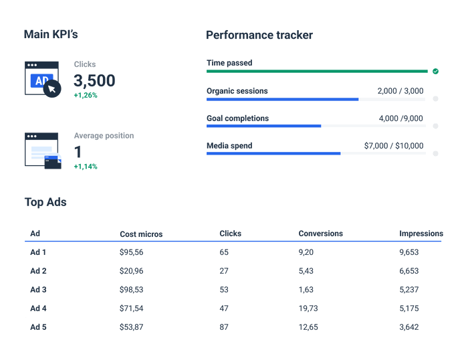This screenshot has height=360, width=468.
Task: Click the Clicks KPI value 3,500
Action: tap(94, 81)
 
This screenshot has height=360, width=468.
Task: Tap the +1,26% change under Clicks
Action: tap(86, 96)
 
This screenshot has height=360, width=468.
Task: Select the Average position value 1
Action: tap(78, 152)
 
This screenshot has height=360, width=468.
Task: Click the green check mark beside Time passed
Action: tap(435, 71)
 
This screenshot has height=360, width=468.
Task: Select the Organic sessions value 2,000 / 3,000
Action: tap(400, 91)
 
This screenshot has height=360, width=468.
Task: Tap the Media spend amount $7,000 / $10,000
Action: tap(393, 146)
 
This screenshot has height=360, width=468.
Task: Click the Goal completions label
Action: tap(237, 118)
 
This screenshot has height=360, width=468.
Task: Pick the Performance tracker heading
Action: tap(259, 35)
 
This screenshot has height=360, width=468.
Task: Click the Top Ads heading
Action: tap(45, 202)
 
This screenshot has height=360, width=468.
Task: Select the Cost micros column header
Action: tap(141, 234)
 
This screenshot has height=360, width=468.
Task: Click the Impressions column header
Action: tap(421, 234)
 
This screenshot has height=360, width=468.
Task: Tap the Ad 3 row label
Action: tap(38, 290)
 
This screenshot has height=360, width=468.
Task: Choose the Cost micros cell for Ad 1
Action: tap(132, 252)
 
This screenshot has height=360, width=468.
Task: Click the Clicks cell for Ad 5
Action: tap(224, 327)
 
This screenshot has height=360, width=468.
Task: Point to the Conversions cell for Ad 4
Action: tap(309, 308)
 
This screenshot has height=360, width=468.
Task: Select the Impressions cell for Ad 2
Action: tap(408, 271)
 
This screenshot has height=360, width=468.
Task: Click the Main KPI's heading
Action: tap(51, 34)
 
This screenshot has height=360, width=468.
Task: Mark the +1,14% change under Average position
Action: tap(86, 167)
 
